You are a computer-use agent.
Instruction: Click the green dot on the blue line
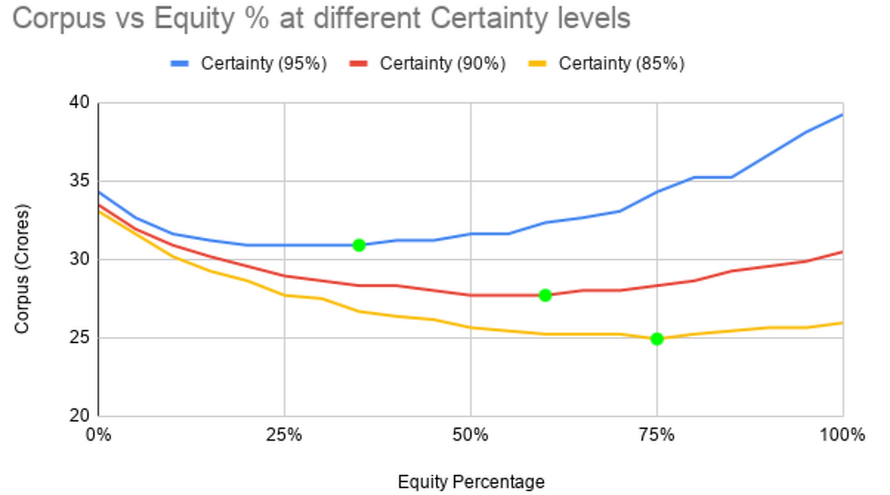pos(359,245)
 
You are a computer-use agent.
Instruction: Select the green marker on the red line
pos(545,295)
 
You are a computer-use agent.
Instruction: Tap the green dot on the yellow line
pos(657,339)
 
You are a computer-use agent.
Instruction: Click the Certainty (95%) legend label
pos(264,63)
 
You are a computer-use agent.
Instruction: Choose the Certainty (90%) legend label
pos(443,63)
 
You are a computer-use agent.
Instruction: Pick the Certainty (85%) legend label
pos(621,63)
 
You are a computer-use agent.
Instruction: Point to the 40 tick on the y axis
pos(80,103)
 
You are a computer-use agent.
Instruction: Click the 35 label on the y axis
pos(80,181)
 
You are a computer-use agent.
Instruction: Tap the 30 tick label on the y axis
pos(80,260)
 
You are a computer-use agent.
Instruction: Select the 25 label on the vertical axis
pos(80,338)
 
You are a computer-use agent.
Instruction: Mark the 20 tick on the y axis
pos(80,416)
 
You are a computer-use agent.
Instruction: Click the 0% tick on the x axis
pos(98,435)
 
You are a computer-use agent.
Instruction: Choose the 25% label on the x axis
pos(284,435)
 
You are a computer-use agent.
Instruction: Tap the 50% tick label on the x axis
pos(470,435)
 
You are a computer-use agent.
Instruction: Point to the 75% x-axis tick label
pos(657,435)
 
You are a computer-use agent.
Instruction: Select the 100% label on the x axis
pos(843,435)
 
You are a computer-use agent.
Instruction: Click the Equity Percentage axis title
pos(471,482)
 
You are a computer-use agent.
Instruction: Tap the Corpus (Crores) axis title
pos(22,269)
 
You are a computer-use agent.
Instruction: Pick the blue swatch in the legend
pos(180,64)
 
